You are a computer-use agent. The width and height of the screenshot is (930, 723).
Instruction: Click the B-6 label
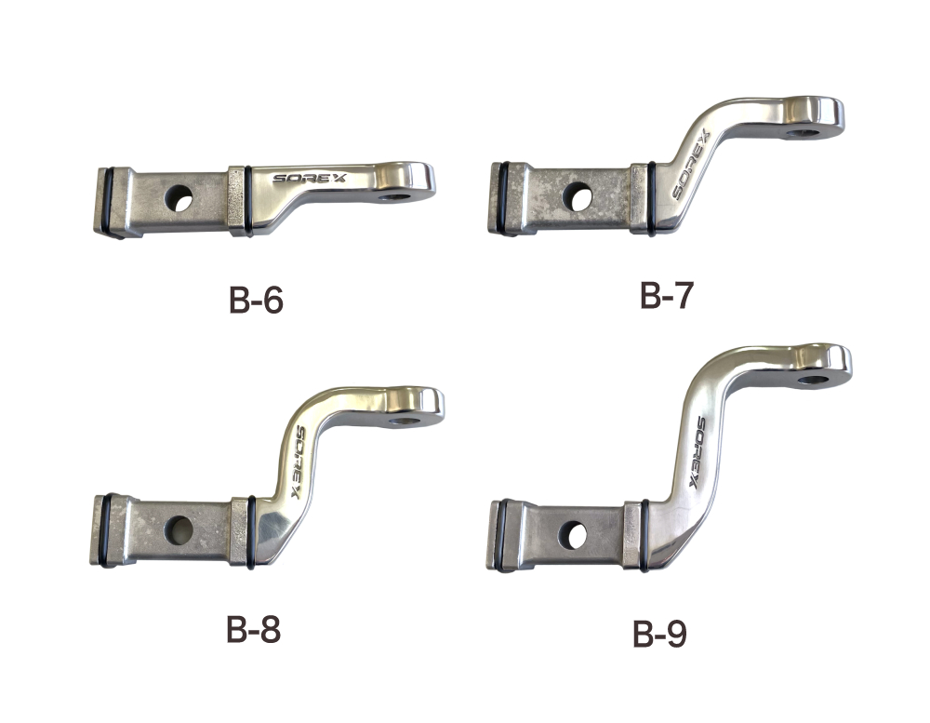[257, 301]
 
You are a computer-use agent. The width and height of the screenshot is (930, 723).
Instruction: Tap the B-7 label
[667, 295]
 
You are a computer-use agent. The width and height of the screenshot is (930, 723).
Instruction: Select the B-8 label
[253, 629]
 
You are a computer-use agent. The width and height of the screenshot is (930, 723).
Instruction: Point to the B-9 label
[659, 634]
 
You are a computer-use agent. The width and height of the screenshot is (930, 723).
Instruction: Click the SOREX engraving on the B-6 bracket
[312, 178]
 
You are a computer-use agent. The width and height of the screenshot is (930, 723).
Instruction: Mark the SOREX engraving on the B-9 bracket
[697, 452]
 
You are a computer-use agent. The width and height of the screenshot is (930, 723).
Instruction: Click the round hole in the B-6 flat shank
[179, 198]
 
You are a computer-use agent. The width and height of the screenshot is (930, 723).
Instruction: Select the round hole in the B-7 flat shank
[577, 196]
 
